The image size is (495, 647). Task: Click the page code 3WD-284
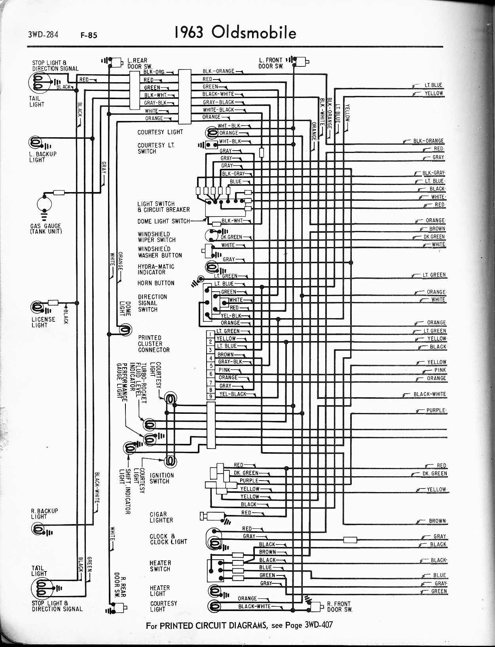[x=43, y=35]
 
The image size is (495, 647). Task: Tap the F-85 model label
[x=89, y=35]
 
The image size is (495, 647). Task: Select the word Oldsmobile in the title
[x=254, y=33]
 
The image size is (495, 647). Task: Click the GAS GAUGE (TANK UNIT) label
[x=46, y=229]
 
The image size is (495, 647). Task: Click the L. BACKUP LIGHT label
[x=43, y=157]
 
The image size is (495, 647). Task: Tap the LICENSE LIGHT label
[x=44, y=322]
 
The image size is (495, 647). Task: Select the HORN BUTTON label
[x=156, y=283]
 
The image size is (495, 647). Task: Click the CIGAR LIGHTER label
[x=161, y=517]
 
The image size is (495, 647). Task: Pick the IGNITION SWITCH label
[x=162, y=478]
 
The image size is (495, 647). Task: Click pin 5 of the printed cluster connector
[x=211, y=366]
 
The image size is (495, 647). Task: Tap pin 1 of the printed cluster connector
[x=211, y=334]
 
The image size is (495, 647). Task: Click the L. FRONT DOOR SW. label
[x=271, y=63]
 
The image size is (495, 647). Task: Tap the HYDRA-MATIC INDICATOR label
[x=156, y=270]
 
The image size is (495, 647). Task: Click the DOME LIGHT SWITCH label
[x=164, y=221]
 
